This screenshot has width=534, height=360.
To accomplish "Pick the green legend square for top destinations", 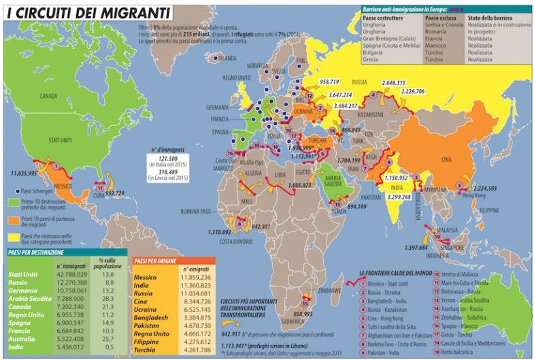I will (12, 202).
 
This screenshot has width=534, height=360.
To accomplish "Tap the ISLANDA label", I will (227, 59).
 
